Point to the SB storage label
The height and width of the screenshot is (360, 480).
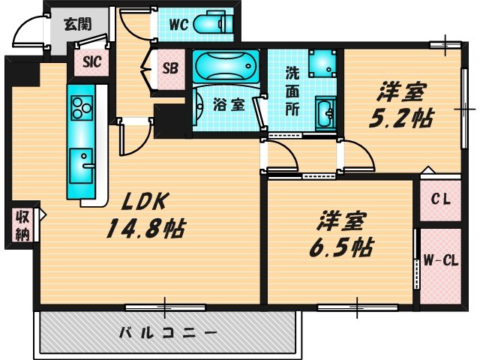point(170,68)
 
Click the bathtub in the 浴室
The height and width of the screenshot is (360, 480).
point(224,67)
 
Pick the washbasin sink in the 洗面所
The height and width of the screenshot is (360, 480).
point(326,115)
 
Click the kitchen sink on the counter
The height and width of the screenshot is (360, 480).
point(80,160)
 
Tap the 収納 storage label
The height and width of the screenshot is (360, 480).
point(22,226)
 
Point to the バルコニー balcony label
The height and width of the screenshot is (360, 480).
point(168,331)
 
